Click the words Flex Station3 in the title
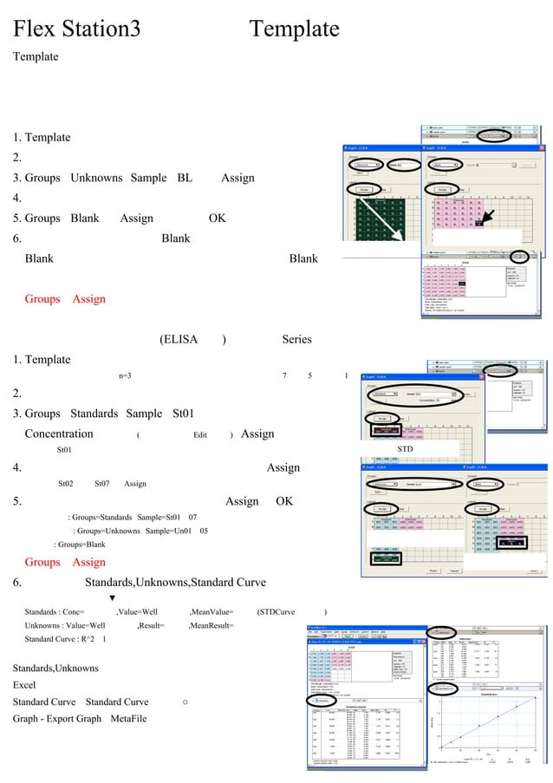click(x=76, y=29)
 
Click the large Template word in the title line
click(x=294, y=29)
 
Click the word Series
click(x=296, y=339)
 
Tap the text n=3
click(x=125, y=375)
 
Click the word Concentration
click(x=59, y=434)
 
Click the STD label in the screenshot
click(x=406, y=449)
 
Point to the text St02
click(x=65, y=484)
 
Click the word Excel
click(x=24, y=685)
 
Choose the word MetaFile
click(x=128, y=719)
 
